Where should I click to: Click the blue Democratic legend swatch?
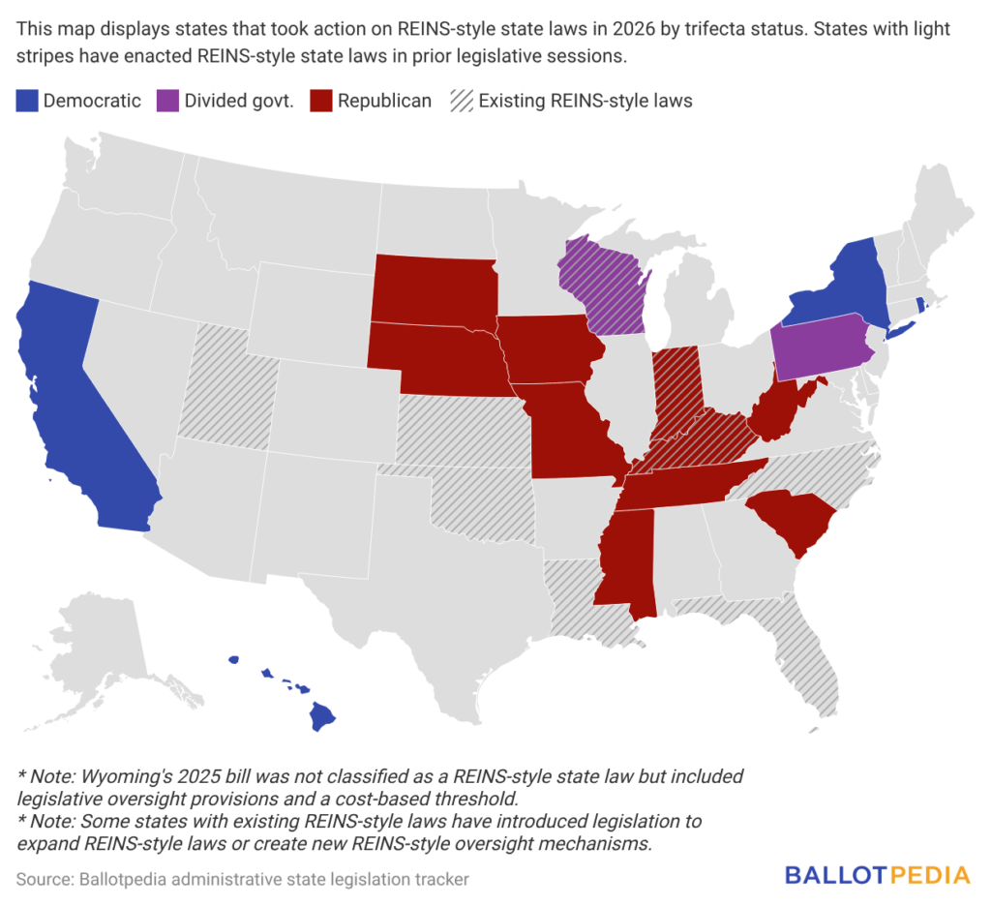26,101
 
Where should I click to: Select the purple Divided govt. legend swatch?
167,101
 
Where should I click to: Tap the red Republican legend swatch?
320,101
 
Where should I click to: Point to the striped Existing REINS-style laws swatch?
461,101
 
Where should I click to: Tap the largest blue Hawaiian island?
322,717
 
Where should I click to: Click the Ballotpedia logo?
877,875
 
